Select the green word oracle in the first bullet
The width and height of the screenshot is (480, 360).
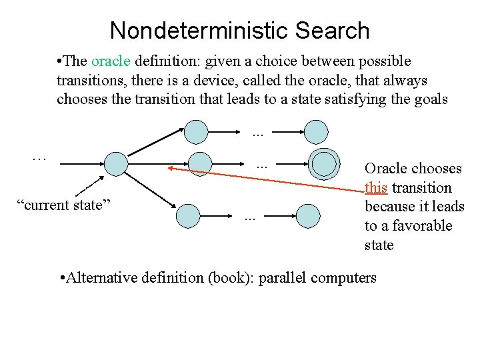pyautogui.click(x=111, y=61)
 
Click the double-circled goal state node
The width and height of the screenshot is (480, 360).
pyautogui.click(x=324, y=163)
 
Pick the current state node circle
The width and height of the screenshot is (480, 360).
pyautogui.click(x=116, y=163)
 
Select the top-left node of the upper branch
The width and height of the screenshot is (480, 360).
pyautogui.click(x=197, y=131)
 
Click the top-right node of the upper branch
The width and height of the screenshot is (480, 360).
pyautogui.click(x=315, y=131)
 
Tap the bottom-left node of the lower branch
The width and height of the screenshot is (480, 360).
pyautogui.click(x=189, y=215)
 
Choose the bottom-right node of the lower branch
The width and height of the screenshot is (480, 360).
pyautogui.click(x=308, y=215)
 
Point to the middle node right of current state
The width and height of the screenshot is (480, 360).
pyautogui.click(x=199, y=164)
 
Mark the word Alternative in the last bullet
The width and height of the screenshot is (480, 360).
pyautogui.click(x=102, y=277)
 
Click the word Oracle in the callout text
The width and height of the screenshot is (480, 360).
pyautogui.click(x=385, y=169)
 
